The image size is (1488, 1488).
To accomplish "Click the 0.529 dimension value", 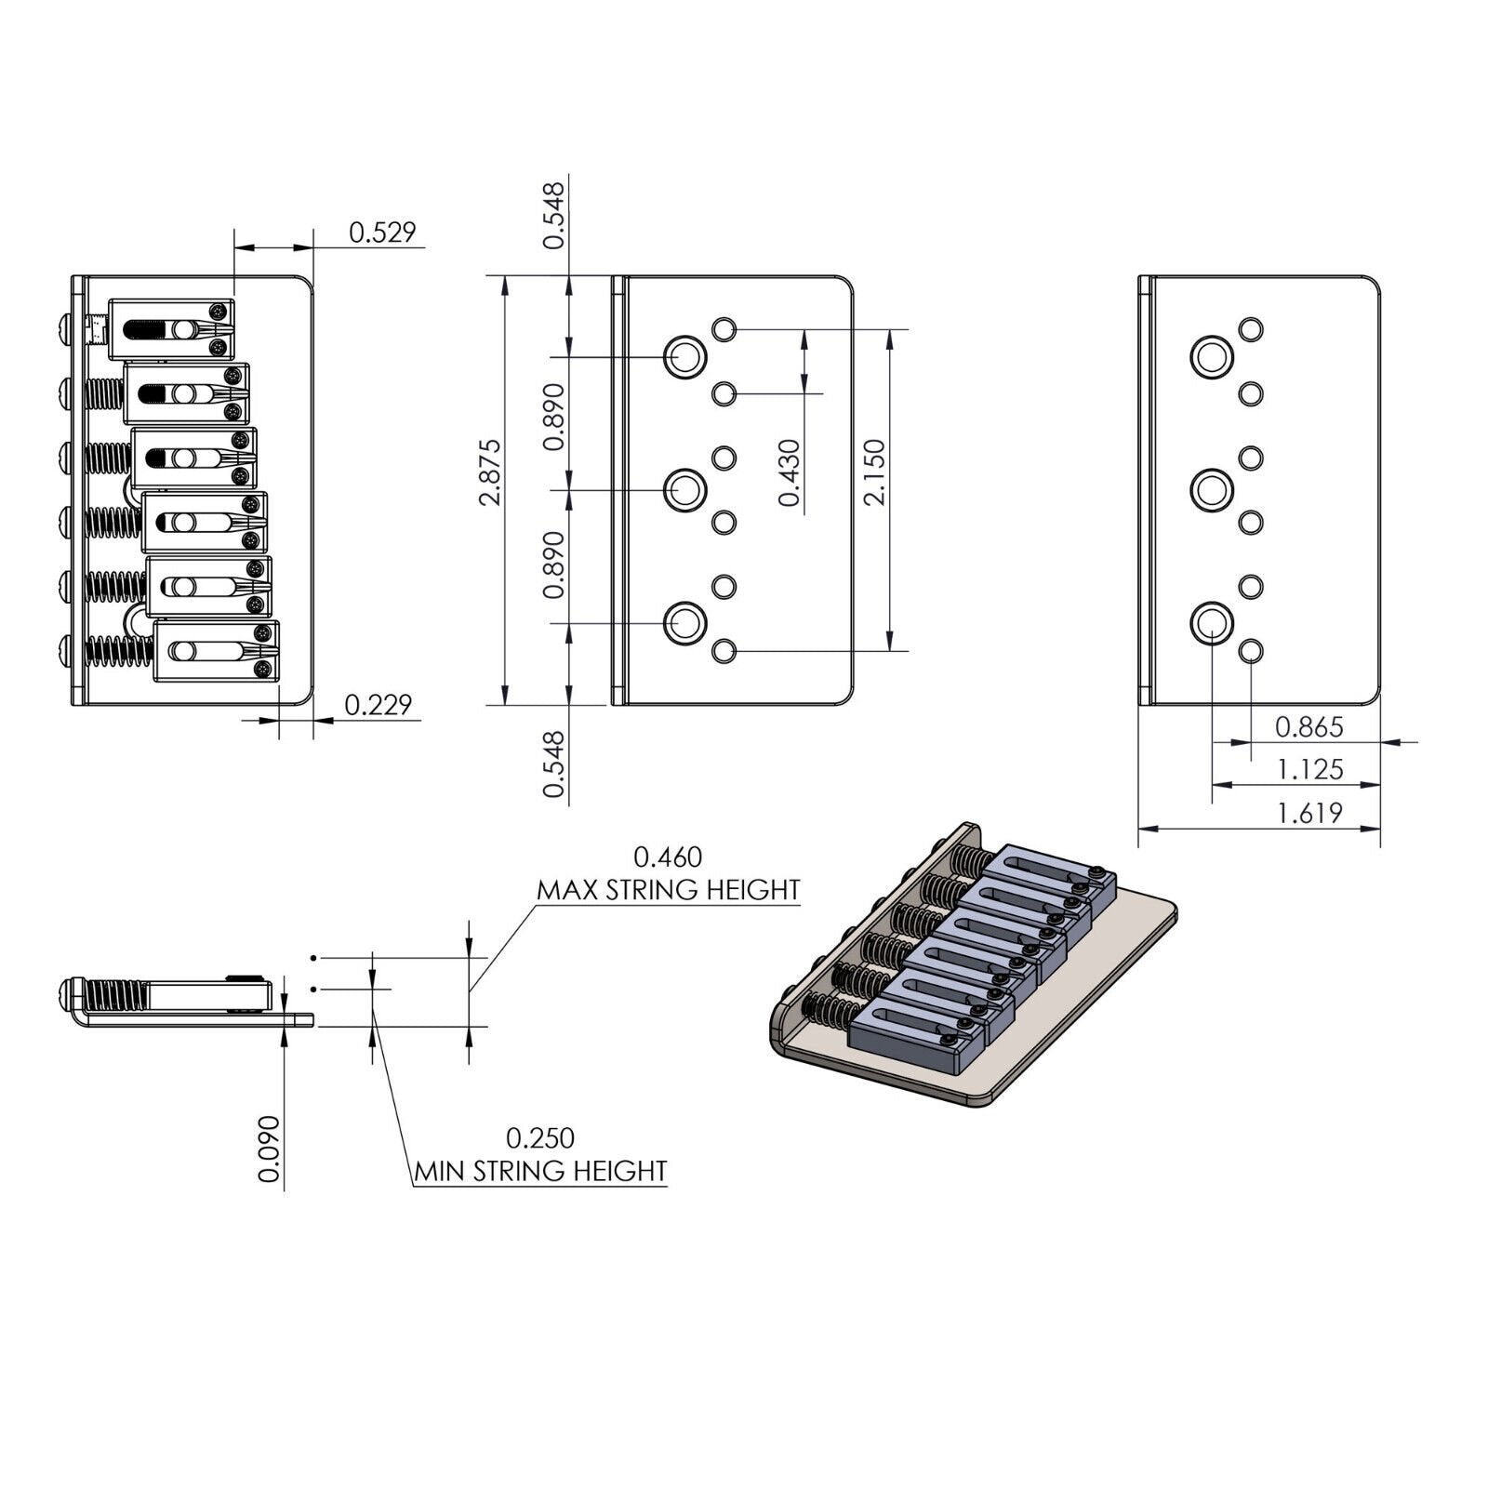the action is tap(382, 232).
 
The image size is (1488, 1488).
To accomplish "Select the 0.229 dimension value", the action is tap(378, 705).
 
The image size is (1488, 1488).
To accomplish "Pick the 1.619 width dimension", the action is tap(1309, 813).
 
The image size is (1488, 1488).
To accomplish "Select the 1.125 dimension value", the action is tap(1309, 769).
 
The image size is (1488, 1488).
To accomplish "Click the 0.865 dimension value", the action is tap(1309, 726).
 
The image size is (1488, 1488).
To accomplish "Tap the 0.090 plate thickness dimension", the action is tap(269, 1149).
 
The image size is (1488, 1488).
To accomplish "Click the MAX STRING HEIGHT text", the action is tap(669, 890).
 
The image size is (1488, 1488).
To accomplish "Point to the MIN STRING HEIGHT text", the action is tap(541, 1170).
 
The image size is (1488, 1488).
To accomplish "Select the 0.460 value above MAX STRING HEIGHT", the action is tap(668, 856).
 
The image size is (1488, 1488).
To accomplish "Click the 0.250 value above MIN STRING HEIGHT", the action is tap(540, 1137).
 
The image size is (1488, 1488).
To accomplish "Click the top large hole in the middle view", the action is tap(685, 356).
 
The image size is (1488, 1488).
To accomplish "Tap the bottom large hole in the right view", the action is tap(1213, 622).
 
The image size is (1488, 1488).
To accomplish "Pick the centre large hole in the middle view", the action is tap(685, 489).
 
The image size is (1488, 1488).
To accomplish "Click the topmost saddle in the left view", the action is tap(172, 330).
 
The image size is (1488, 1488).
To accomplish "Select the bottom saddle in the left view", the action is tap(217, 652).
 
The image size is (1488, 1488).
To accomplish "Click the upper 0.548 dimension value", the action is tap(553, 216).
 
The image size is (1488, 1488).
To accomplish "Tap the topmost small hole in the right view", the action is tap(1251, 329).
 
